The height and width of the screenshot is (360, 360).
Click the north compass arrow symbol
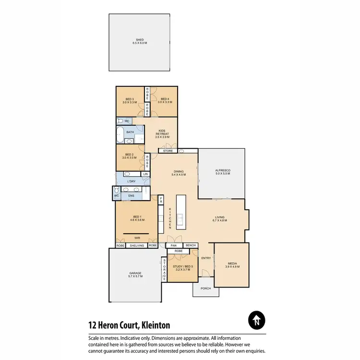(x=257, y=320)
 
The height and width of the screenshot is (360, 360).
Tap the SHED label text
(x=139, y=40)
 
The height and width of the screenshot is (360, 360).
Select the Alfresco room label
(x=222, y=170)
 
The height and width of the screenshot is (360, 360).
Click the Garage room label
(x=135, y=274)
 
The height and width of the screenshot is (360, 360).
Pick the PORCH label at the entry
(x=205, y=288)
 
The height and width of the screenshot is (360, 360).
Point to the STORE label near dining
(x=168, y=151)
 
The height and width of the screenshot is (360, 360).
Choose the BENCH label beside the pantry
(x=191, y=245)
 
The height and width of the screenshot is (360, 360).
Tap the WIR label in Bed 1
(x=137, y=238)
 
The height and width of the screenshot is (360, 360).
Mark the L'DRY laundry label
(x=132, y=181)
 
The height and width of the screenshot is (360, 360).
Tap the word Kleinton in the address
(x=154, y=325)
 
